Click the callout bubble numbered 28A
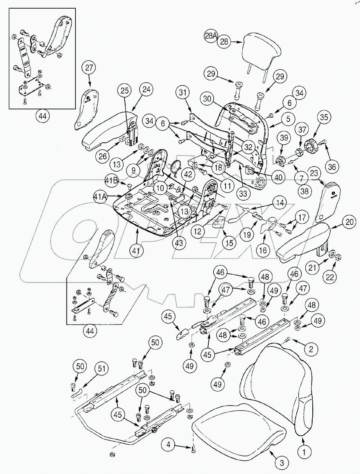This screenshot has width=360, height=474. point(211,36)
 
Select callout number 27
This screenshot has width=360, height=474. point(89,68)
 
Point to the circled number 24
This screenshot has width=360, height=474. point(135,89)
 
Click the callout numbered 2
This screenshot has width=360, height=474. point(311,349)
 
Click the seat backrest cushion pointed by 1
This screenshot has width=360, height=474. point(278,391)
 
